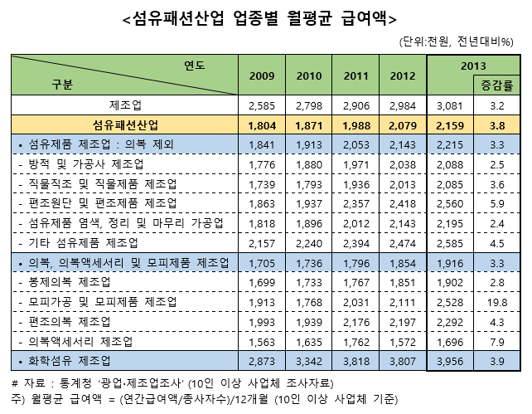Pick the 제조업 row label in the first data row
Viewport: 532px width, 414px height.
(x=125, y=105)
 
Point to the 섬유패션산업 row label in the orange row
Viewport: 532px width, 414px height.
(x=125, y=124)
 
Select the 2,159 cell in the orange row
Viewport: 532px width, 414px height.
(x=452, y=124)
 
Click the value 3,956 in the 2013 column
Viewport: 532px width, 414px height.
(x=452, y=360)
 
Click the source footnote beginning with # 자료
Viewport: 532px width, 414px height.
(x=173, y=382)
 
